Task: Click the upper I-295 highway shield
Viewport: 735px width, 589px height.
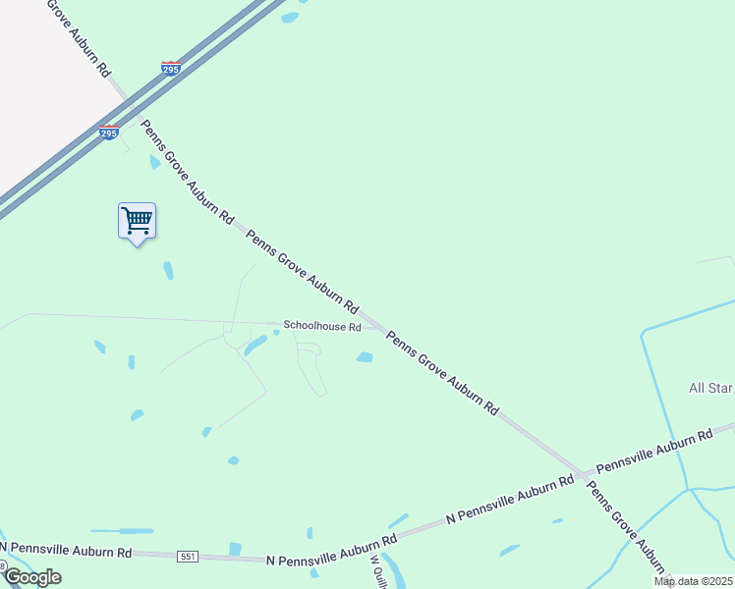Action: [x=170, y=68]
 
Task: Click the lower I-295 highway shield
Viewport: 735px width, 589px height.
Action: [x=109, y=133]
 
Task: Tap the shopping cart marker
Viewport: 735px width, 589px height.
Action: [x=137, y=220]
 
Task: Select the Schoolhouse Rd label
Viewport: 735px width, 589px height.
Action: [x=322, y=326]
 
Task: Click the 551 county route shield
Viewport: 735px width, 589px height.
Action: [x=189, y=557]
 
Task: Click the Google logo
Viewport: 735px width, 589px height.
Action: [x=31, y=577]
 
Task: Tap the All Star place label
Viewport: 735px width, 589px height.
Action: [x=710, y=389]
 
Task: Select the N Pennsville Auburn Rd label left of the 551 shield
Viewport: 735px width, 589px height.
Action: [x=67, y=550]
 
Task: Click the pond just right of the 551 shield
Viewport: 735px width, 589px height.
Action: [x=235, y=549]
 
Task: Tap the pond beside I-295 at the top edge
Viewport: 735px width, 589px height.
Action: [x=289, y=17]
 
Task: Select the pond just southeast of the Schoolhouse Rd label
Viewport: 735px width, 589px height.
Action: [x=365, y=357]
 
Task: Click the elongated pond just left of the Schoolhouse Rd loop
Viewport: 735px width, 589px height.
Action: [x=255, y=346]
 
